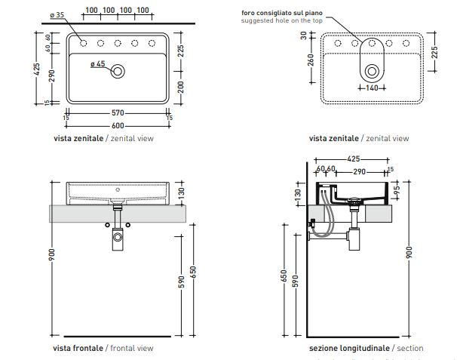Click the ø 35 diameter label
[56, 14]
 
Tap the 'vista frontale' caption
[78, 348]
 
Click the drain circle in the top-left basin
[118, 72]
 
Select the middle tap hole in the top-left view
[118, 43]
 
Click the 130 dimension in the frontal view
[179, 193]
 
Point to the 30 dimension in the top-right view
[304, 35]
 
